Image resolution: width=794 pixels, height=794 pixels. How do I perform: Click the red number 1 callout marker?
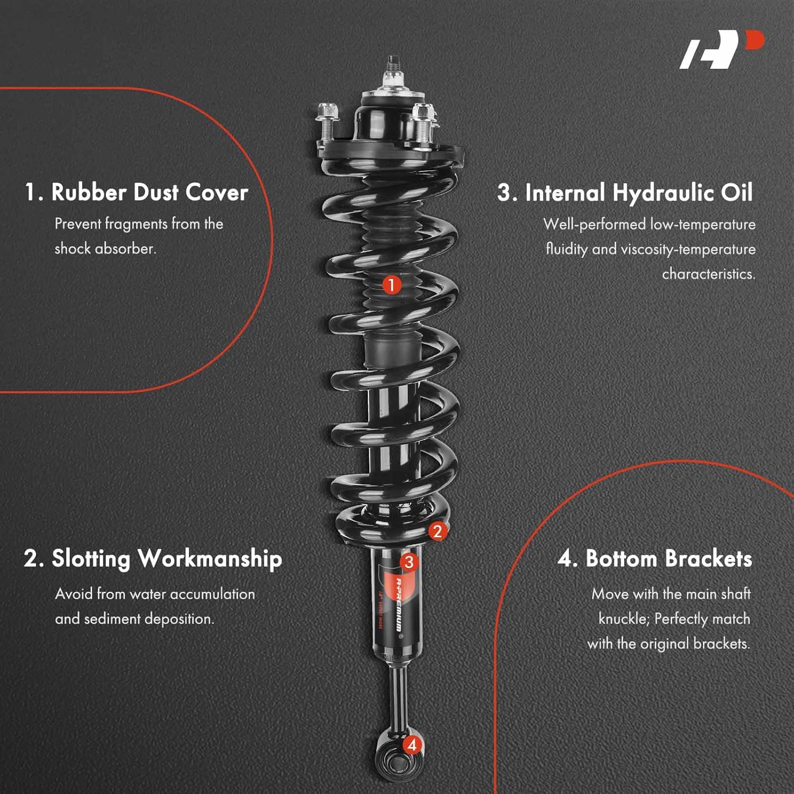coord(392,285)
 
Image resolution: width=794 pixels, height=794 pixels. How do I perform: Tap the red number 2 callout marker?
coord(437,531)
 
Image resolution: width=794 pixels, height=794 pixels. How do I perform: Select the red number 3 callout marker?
coord(409,562)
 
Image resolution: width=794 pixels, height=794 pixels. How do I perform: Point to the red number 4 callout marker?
coord(412,745)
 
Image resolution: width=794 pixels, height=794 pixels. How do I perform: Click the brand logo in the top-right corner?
coord(721,49)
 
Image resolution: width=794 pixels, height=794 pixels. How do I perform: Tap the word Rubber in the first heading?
coord(88,192)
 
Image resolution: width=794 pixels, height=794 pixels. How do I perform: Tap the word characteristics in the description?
coord(708,274)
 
